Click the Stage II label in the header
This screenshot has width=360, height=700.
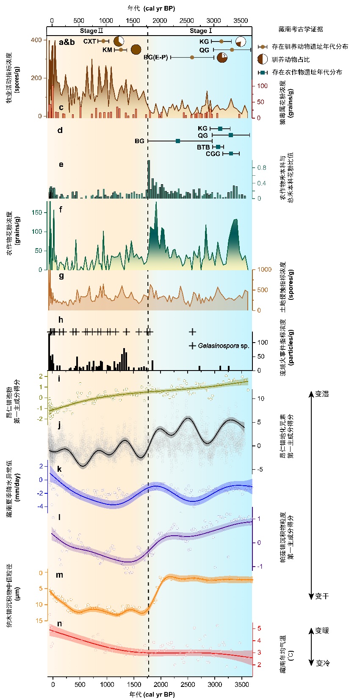pos(91,31)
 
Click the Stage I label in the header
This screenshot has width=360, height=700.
pos(201,31)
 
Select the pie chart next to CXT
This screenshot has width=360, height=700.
pos(119,41)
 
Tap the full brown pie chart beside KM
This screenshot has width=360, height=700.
pos(136,50)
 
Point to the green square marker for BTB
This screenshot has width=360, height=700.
pos(218,147)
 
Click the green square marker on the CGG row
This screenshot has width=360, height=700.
pos(231,153)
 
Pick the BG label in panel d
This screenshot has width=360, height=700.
pos(139,141)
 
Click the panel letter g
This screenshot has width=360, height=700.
pos(61,276)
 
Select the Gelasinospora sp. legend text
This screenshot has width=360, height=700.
pos(224,346)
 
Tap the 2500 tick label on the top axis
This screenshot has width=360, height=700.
pos(186,21)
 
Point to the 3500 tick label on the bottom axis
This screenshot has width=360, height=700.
pos(241,684)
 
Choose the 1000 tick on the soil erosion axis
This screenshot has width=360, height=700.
pos(264,270)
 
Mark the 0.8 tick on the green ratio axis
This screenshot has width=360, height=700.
pos(262,168)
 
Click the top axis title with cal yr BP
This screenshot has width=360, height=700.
pos(151,8)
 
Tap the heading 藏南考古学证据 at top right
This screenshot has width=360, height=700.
pos(301,29)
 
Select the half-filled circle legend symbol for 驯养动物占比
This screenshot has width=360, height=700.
pos(263,59)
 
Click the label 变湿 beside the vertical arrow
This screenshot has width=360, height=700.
pos(322,394)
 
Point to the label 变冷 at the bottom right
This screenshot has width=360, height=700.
pos(322,663)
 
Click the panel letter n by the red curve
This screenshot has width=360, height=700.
pos(60,624)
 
